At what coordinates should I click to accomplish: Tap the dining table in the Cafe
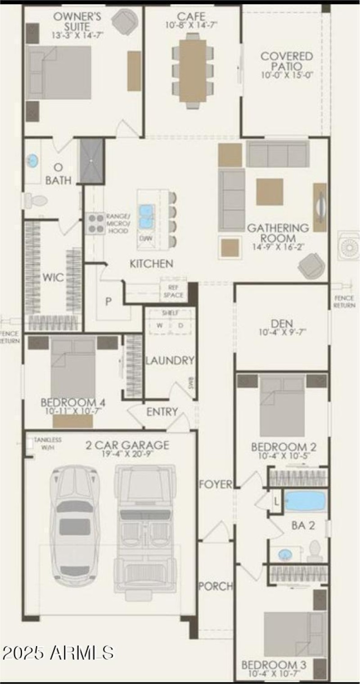click(193, 71)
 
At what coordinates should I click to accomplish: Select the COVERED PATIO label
click(287, 62)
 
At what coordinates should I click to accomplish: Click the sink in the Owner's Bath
click(32, 160)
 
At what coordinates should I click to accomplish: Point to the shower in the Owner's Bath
click(92, 161)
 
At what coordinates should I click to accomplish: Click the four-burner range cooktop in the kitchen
click(95, 222)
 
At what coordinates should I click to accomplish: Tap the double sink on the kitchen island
click(146, 216)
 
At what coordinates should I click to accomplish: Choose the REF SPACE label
click(173, 291)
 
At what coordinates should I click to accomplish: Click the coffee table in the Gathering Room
click(270, 192)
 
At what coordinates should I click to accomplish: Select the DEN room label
click(282, 323)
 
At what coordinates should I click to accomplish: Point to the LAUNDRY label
click(170, 360)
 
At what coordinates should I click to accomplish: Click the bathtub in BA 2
click(305, 501)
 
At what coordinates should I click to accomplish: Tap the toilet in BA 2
click(315, 550)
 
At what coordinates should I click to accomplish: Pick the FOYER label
click(216, 485)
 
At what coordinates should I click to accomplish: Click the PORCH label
click(216, 586)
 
